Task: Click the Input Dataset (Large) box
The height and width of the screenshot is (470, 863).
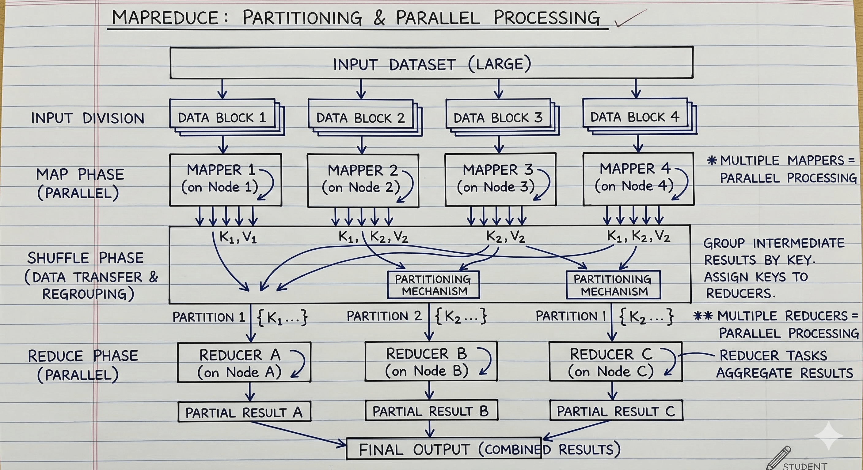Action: point(431,63)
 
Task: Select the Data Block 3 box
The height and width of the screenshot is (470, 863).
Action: point(503,117)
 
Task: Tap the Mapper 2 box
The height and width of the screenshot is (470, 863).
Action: point(363,180)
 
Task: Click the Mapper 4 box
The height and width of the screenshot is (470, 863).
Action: point(638,179)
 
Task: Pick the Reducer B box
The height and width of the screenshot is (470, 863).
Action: point(431,361)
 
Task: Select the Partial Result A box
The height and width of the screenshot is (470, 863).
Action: point(244,412)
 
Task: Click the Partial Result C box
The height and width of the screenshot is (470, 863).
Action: point(616,410)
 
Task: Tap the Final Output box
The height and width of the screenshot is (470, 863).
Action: point(443,449)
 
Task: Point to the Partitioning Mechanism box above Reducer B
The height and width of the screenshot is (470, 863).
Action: point(433,285)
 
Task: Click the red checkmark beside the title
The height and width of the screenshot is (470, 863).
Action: point(630,18)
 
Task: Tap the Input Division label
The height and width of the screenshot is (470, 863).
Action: point(88,118)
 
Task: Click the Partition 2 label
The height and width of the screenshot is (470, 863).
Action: point(384,316)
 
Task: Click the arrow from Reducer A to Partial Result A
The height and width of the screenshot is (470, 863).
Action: point(250,392)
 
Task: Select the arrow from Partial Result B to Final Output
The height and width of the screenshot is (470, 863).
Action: point(430,429)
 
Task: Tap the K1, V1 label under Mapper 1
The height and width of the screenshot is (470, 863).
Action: point(238,237)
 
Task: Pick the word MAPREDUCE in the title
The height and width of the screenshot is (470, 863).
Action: point(165,18)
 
